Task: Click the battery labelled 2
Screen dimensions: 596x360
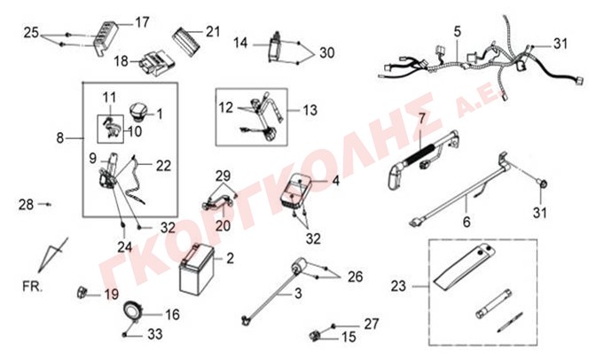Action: coord(197,270)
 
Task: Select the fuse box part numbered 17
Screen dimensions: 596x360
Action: coord(106,38)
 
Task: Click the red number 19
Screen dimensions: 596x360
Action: coord(112,294)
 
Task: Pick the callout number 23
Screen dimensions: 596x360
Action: coord(398,286)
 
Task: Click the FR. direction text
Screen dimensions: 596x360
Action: coord(32,286)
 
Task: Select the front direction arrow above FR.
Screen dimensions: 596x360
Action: coord(52,254)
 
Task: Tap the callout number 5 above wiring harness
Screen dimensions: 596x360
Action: coord(457,31)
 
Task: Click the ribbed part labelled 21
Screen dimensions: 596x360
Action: coord(186,41)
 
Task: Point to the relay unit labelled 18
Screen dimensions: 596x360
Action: coord(156,64)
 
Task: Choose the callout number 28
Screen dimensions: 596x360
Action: coord(27,205)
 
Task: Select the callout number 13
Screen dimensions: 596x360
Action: coord(310,110)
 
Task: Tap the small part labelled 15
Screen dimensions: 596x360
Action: coord(315,336)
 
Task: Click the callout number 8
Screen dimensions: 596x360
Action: coord(60,138)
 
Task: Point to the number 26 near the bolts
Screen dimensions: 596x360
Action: coord(356,277)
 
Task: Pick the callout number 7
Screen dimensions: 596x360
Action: coord(421,119)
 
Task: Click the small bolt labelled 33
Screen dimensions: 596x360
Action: coord(125,334)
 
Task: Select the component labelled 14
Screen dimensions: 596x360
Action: coord(276,48)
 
